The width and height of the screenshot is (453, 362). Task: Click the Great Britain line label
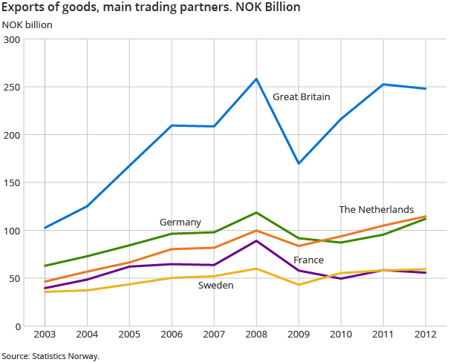301,97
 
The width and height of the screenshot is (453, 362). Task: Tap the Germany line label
180,223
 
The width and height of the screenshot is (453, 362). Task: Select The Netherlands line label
376,210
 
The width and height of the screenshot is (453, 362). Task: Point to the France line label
308,260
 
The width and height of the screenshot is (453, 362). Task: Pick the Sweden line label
216,285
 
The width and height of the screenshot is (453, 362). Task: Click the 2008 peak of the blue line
256,79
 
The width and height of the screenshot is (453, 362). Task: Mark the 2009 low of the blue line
299,163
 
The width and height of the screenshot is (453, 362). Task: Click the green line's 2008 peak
256,213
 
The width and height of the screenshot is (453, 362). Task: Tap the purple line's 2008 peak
256,240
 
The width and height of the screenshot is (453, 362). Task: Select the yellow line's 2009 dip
299,285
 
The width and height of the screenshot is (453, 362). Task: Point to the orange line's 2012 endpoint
426,217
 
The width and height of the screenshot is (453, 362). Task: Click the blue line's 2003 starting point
45,228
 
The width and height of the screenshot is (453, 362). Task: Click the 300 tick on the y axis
13,39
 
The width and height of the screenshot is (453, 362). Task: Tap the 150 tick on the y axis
13,182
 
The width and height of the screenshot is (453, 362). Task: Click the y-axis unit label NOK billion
27,24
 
